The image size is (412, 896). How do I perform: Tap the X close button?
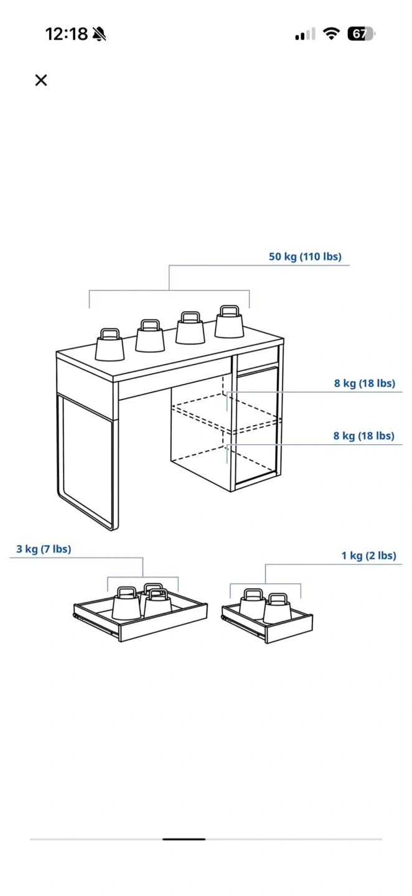pos(41,80)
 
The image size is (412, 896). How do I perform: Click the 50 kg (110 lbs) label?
pos(305,256)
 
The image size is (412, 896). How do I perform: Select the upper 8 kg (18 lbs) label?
pos(365,383)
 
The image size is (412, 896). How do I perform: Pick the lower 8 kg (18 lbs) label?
pos(364,436)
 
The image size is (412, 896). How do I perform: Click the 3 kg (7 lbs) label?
pos(44,549)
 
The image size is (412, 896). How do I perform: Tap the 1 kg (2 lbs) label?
pos(368,556)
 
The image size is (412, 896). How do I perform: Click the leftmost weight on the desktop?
pos(110,345)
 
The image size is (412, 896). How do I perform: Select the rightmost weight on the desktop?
pos(229,322)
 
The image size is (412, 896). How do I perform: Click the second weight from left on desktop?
pos(150,335)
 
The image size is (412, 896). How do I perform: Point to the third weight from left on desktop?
pos(190,327)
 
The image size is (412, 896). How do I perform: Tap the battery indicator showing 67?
pos(361,34)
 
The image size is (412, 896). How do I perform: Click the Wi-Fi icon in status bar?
pos(331,34)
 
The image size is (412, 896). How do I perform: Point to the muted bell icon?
pos(99,34)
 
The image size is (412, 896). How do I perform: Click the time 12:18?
pos(67,34)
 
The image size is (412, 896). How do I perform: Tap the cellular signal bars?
pos(305,34)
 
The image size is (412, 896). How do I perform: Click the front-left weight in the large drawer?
pos(127,603)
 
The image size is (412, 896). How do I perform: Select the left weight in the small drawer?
pos(253,605)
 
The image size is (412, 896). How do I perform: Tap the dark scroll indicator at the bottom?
pos(184,839)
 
